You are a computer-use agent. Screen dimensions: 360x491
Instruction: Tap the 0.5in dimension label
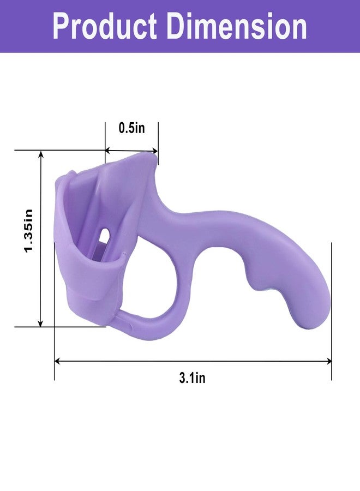tap(132, 128)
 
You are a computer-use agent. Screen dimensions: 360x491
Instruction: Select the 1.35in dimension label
tap(28, 231)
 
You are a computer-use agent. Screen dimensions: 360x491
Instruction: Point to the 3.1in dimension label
tap(192, 378)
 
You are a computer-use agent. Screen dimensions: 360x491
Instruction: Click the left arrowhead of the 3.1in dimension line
tap(57, 361)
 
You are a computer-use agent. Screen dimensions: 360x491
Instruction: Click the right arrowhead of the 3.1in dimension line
tap(329, 361)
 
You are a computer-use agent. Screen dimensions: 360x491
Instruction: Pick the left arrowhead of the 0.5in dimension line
tap(107, 151)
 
